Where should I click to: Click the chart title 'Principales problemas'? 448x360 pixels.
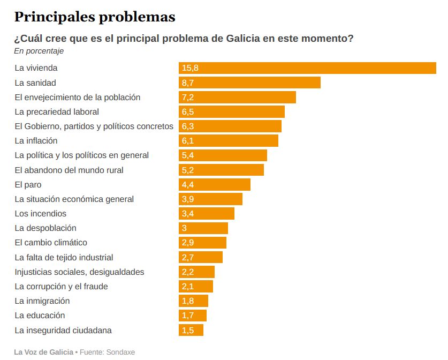(95, 17)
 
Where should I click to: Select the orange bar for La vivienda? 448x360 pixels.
(307, 68)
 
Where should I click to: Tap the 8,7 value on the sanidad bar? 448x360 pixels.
(187, 82)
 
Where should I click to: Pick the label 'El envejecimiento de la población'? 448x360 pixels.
(78, 97)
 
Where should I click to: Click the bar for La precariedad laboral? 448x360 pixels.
(231, 111)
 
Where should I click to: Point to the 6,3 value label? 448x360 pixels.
(187, 126)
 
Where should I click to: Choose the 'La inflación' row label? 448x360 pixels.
(36, 141)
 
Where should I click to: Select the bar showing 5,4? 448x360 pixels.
(223, 155)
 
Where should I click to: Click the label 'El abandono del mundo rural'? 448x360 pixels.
(69, 170)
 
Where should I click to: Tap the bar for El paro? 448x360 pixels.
(214, 184)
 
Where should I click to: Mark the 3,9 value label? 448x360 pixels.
(187, 199)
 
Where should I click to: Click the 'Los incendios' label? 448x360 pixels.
(41, 214)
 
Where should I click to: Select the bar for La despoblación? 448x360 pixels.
(203, 228)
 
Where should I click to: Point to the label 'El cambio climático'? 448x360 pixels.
(51, 243)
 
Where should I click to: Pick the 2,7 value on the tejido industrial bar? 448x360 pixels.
(187, 258)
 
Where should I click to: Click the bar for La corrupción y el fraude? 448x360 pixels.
(196, 287)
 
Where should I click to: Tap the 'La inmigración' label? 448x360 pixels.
(42, 301)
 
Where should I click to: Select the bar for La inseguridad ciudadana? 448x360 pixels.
(191, 330)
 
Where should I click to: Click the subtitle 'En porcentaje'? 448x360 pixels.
(39, 51)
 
